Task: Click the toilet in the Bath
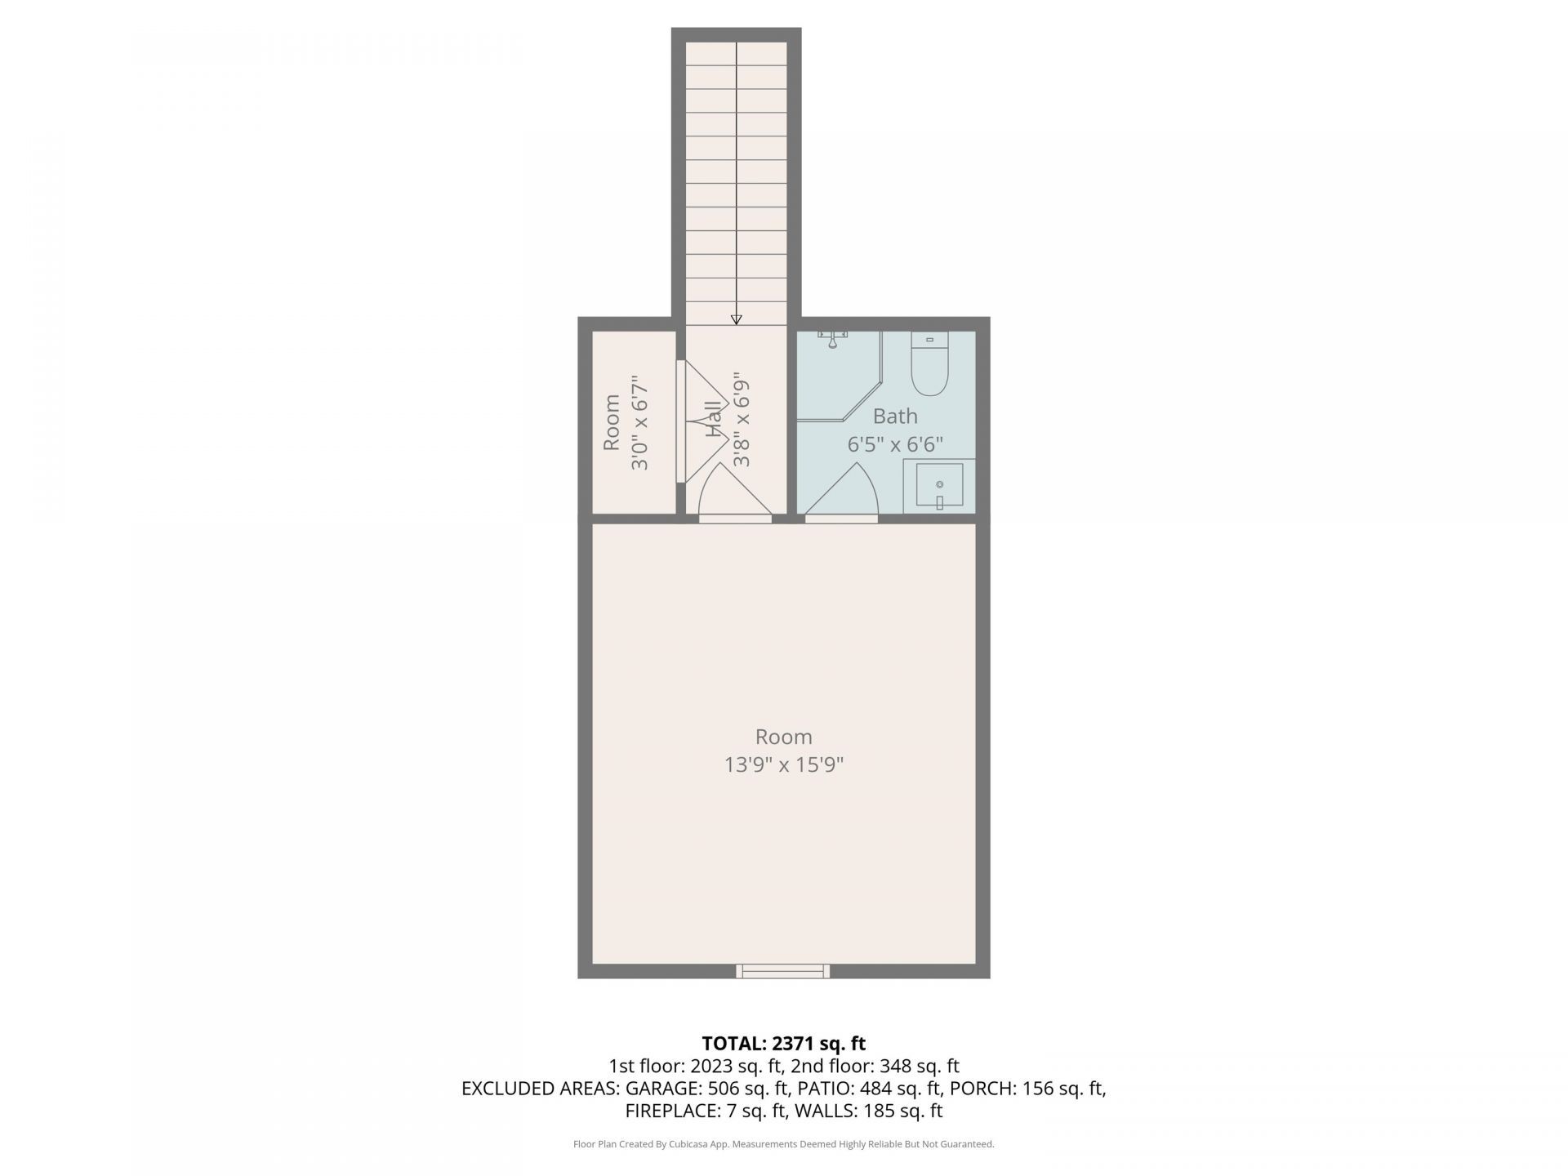(929, 367)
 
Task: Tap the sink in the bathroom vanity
(939, 485)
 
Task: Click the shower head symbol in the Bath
(832, 338)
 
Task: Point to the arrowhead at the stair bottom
(736, 319)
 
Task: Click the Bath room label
(895, 416)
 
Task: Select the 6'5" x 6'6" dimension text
(895, 445)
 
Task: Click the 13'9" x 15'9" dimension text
(783, 765)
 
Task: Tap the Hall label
(714, 420)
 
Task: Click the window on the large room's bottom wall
(782, 971)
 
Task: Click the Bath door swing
(843, 492)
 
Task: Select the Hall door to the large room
(735, 493)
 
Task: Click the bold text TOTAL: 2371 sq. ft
(783, 1044)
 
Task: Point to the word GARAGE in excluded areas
(660, 1089)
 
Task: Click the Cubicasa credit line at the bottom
(783, 1144)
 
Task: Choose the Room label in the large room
(783, 737)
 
